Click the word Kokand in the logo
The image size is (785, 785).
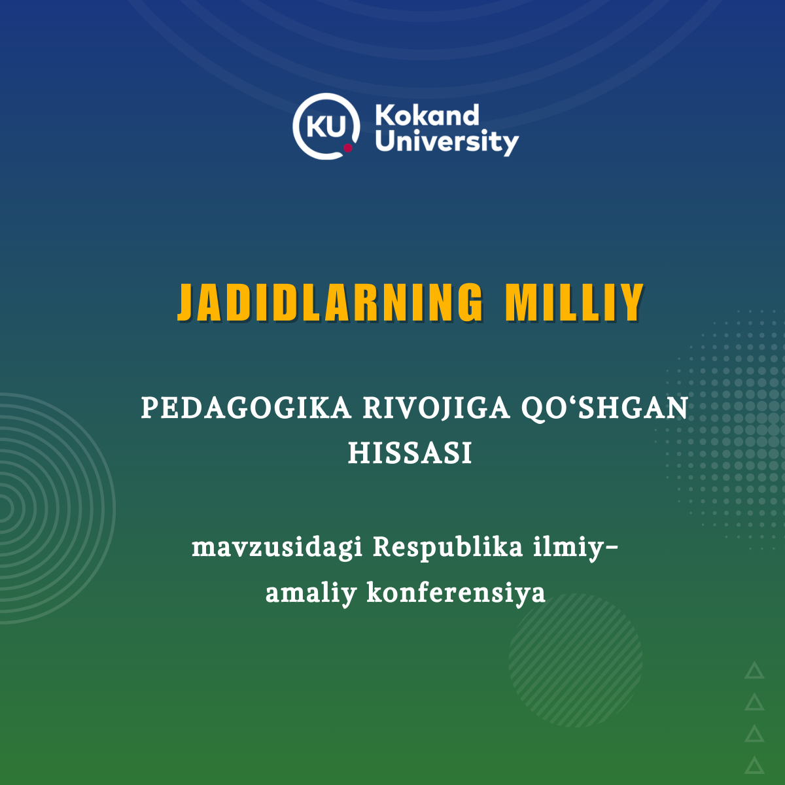[x=427, y=115]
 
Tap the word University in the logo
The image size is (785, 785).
[x=447, y=143]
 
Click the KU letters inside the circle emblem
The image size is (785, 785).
[x=326, y=126]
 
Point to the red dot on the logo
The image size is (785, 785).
[x=347, y=147]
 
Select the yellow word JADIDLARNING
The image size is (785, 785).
[x=330, y=302]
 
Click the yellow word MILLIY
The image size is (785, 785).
[x=574, y=302]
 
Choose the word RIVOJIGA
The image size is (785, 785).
[x=436, y=409]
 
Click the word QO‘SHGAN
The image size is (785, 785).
[x=604, y=409]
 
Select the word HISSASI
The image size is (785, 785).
[x=410, y=453]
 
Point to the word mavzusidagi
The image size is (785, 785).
[x=277, y=548]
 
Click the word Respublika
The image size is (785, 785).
[x=447, y=548]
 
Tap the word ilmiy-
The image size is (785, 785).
[x=576, y=548]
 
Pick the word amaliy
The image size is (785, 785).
[x=311, y=594]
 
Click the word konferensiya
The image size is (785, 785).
[x=456, y=593]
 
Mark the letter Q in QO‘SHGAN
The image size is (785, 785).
[x=534, y=410]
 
